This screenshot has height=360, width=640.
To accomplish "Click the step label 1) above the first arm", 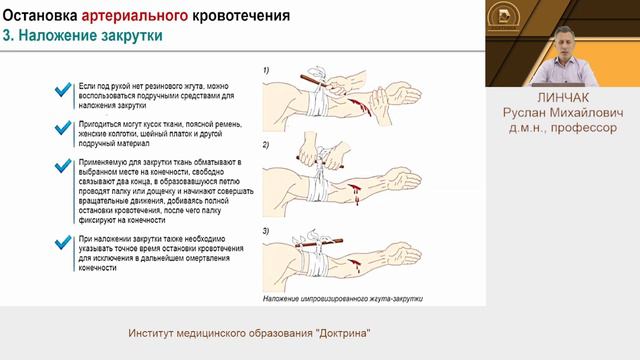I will (x=266, y=70).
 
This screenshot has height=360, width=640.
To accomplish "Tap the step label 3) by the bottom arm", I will (x=266, y=232).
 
